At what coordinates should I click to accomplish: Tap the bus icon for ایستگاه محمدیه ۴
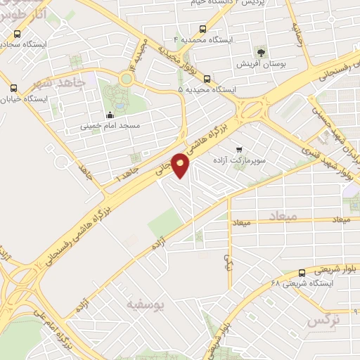tap(202, 30)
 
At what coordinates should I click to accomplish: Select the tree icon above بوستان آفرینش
tap(261, 52)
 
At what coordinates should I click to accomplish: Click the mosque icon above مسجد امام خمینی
tap(109, 116)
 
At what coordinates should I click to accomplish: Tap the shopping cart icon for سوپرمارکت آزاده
tap(240, 148)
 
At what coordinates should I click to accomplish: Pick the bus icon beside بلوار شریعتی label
tap(302, 272)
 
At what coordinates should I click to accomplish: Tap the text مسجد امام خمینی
tap(108, 128)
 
